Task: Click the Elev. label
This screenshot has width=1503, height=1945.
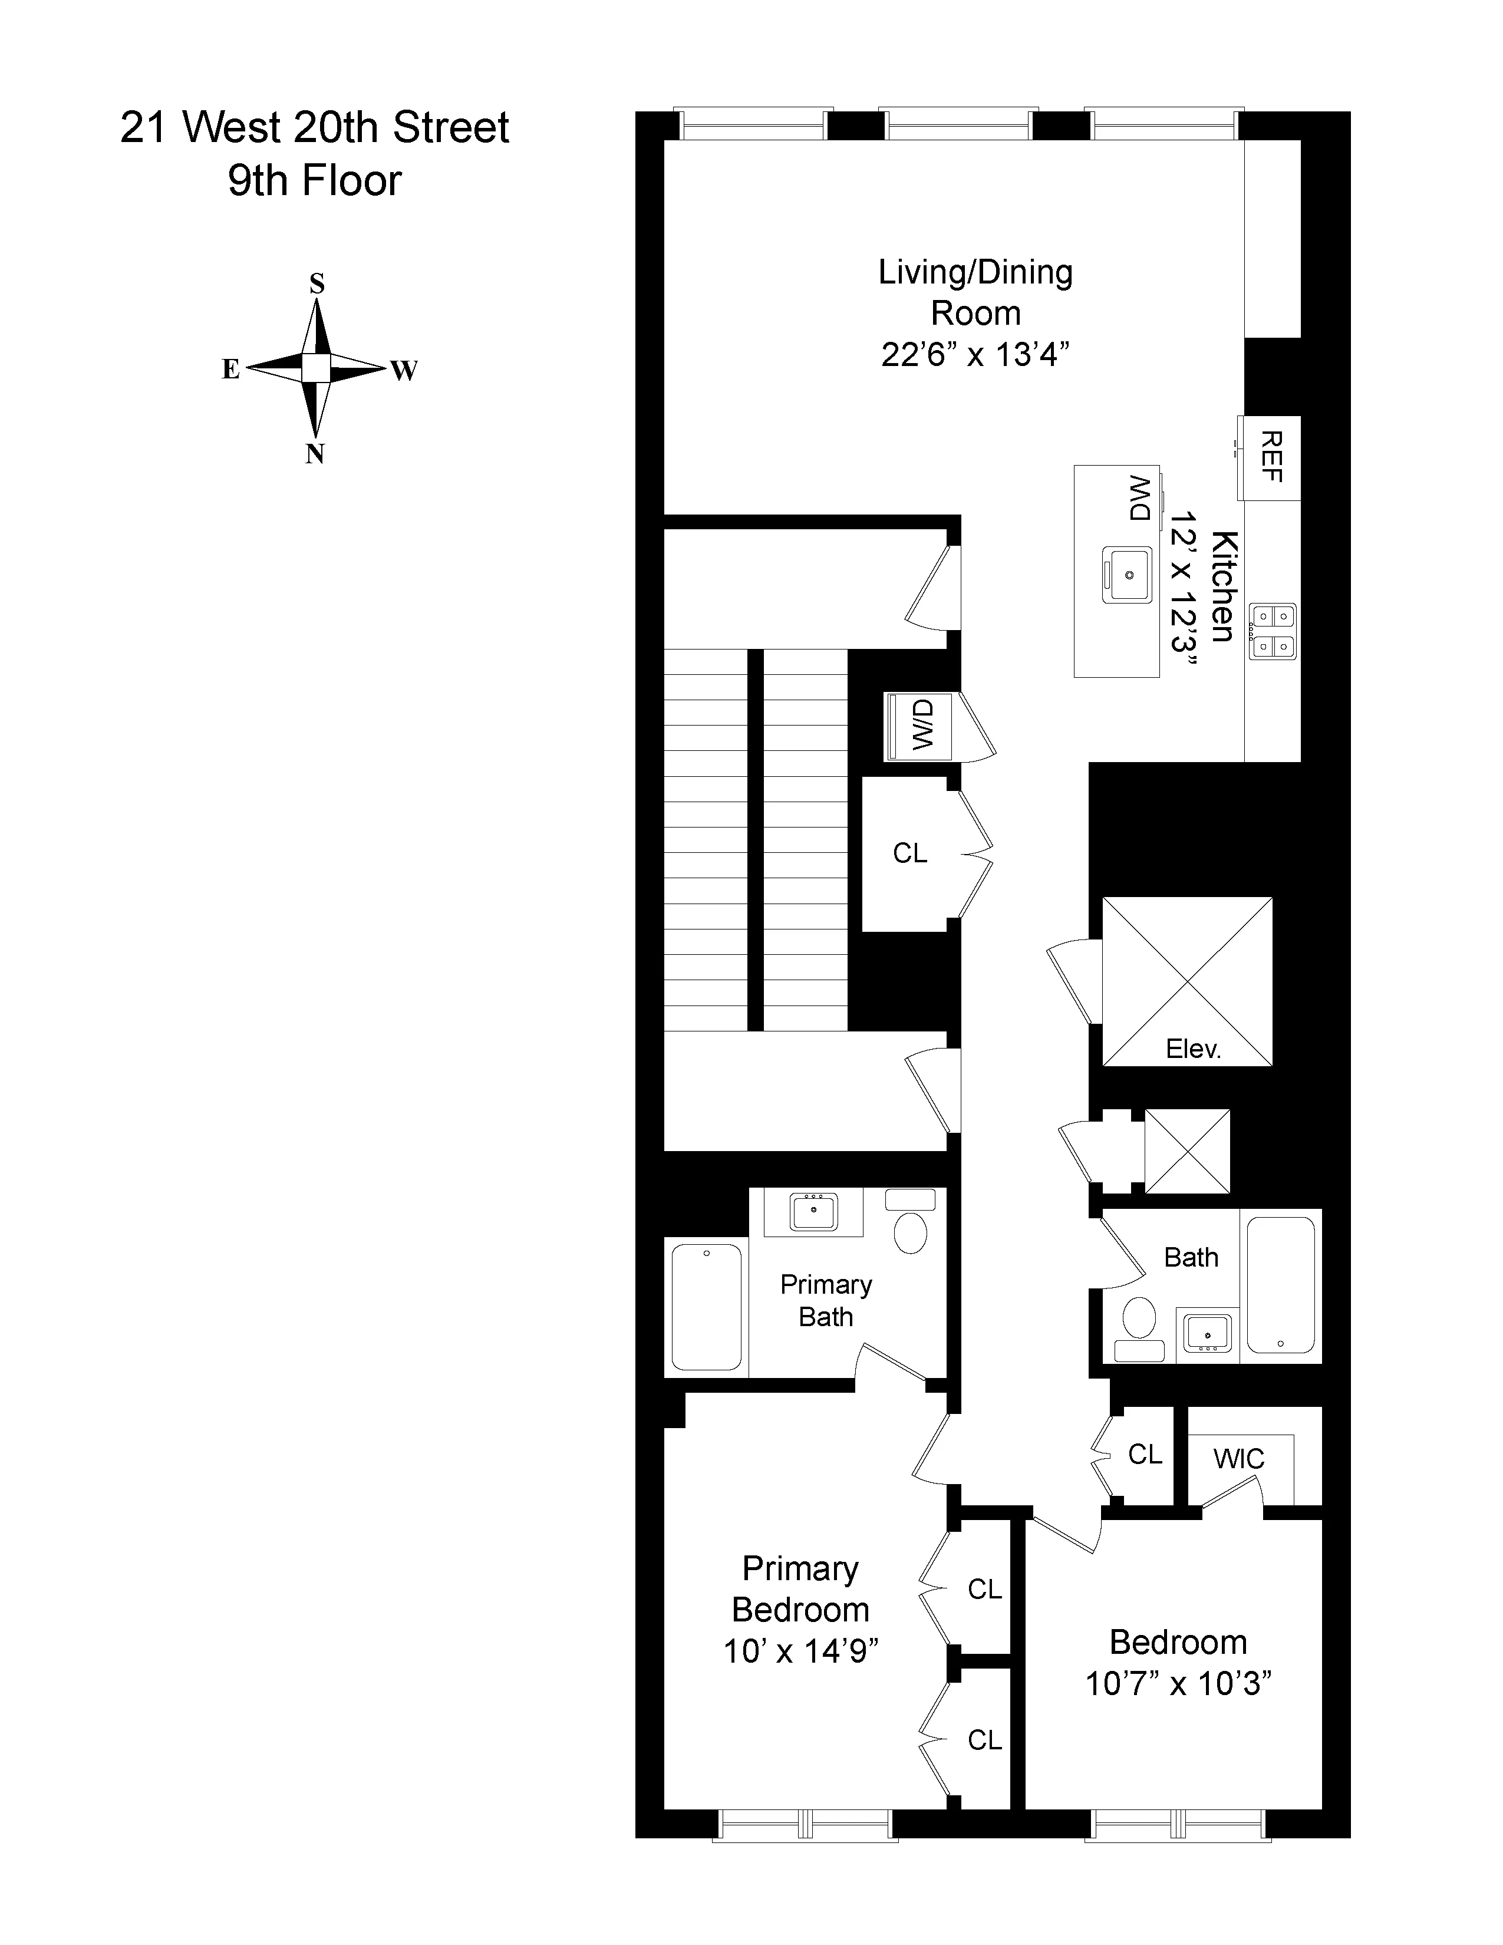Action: (x=1193, y=1048)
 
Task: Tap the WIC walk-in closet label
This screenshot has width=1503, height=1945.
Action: (x=1238, y=1459)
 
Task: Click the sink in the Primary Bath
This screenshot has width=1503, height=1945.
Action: (x=813, y=1212)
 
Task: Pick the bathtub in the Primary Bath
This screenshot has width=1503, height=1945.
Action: (x=707, y=1307)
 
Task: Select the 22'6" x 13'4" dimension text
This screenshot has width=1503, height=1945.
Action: (x=975, y=354)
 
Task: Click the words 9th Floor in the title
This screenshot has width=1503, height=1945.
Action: (x=314, y=181)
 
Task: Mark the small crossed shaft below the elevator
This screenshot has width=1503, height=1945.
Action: (x=1187, y=1150)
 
